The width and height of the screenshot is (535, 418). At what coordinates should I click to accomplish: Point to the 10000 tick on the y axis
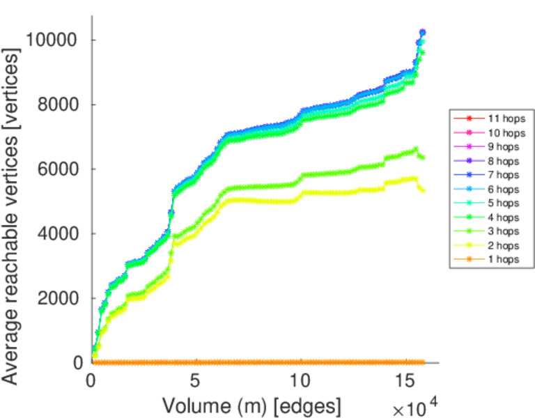(54, 40)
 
